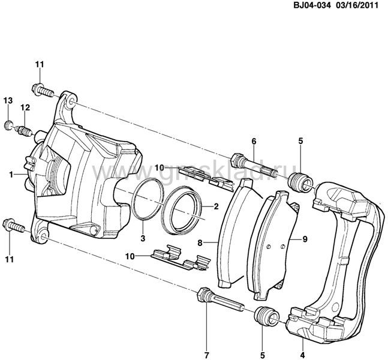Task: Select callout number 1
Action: (x=11, y=173)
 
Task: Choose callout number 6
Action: (x=254, y=141)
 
